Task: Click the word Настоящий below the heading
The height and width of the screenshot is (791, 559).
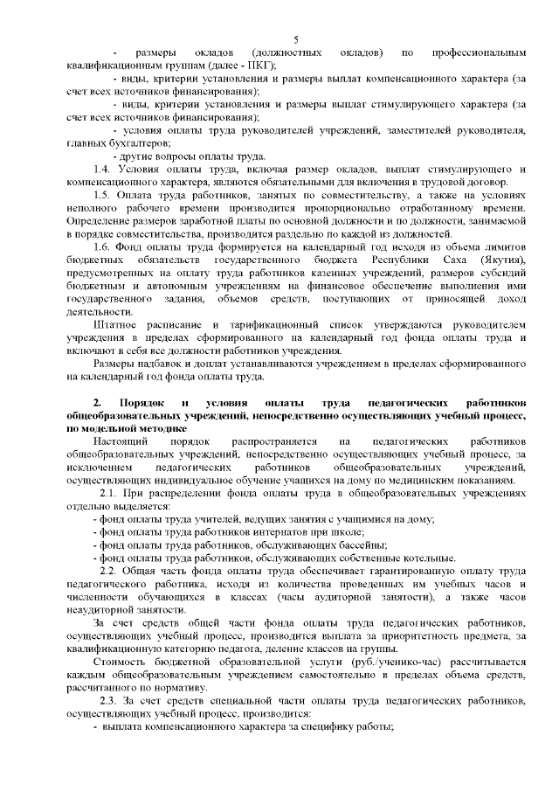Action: coord(100,442)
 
